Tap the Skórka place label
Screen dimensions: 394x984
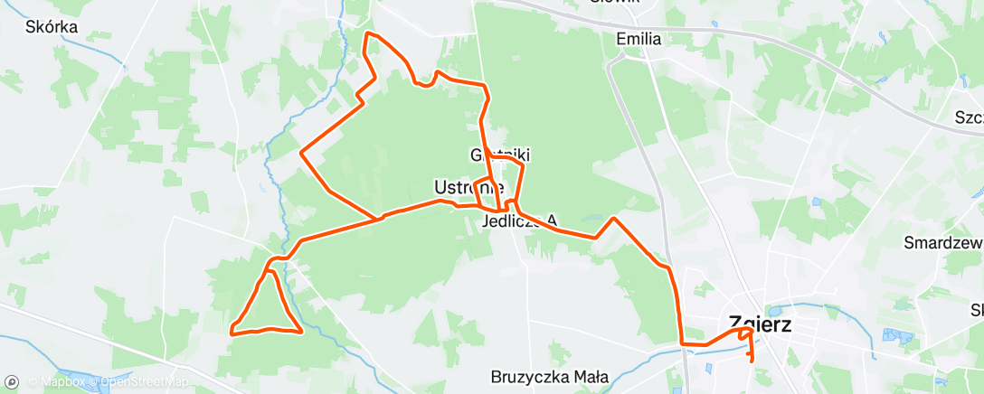pyautogui.click(x=52, y=27)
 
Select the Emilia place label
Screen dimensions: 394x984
pyautogui.click(x=639, y=39)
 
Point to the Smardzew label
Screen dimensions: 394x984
pyautogui.click(x=943, y=242)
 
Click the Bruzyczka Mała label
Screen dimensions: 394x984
pyautogui.click(x=549, y=377)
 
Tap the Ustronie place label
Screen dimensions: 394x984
pyautogui.click(x=468, y=188)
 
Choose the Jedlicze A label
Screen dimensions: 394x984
pyautogui.click(x=521, y=220)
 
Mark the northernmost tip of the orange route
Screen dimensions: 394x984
pyautogui.click(x=367, y=33)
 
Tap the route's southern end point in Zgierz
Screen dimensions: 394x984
pyautogui.click(x=752, y=361)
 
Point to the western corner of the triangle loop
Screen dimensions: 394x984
pyautogui.click(x=233, y=331)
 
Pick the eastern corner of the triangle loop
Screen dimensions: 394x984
pyautogui.click(x=300, y=331)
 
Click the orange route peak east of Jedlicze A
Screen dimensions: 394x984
pyautogui.click(x=614, y=218)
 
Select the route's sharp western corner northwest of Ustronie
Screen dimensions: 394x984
pyautogui.click(x=301, y=152)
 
